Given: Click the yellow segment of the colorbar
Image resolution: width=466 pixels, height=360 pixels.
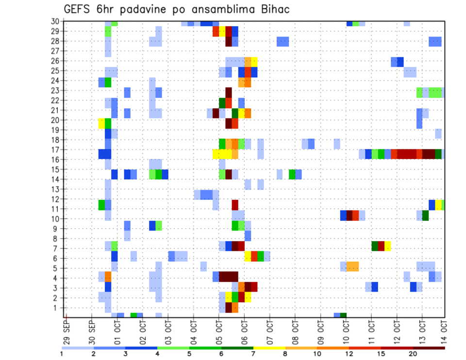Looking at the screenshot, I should click(269, 348).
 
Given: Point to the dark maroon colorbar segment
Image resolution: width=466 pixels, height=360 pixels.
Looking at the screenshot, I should click(429, 348).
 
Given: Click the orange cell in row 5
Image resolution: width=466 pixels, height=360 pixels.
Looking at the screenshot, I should click(352, 266).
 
